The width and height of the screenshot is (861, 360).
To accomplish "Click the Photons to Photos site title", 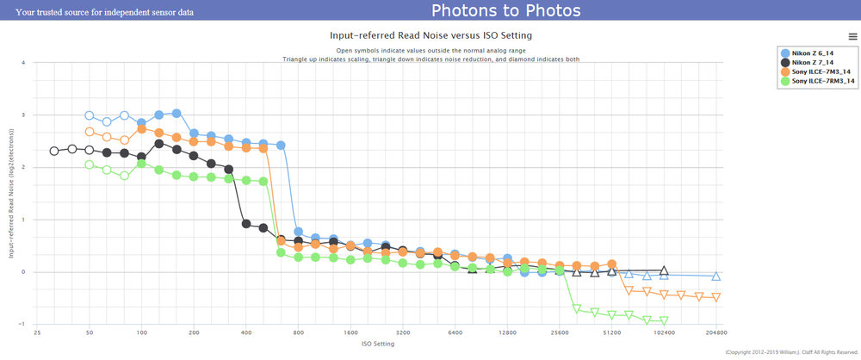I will [x=505, y=11].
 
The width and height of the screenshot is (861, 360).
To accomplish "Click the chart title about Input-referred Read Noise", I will [x=430, y=35].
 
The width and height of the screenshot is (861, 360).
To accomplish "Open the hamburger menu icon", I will [x=852, y=37].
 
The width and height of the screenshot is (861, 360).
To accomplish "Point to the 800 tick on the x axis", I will [x=299, y=331].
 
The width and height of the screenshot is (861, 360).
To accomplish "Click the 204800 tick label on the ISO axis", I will [x=715, y=331].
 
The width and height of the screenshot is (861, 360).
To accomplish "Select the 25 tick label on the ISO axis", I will [x=37, y=331].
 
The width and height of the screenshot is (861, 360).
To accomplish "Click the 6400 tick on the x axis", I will [x=455, y=331].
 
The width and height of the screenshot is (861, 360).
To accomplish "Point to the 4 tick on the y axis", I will [x=23, y=62].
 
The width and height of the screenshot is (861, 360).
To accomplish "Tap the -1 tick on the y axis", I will [x=22, y=325].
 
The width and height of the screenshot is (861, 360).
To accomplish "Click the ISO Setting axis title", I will [x=376, y=342].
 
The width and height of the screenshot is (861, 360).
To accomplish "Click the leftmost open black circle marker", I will [x=54, y=151].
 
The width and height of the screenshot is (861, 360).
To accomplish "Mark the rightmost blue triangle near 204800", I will [x=715, y=276].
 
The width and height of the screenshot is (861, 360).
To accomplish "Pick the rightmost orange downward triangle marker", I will [x=715, y=297].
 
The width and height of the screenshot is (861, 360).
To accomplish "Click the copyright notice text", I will [x=792, y=351].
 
